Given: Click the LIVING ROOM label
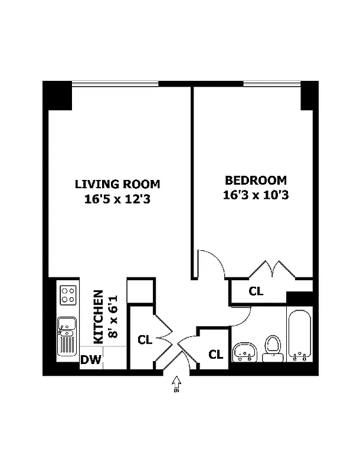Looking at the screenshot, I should [117, 183].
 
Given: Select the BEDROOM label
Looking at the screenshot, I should [255, 181].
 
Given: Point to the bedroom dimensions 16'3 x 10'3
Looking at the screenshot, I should [255, 195].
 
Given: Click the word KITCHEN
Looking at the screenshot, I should [99, 316].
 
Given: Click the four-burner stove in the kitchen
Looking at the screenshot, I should [68, 294].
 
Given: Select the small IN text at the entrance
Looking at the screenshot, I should [176, 391].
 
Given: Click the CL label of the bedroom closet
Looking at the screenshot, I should [256, 291].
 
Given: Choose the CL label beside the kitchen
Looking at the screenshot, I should [145, 340].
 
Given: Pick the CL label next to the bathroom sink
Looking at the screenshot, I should [215, 355].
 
